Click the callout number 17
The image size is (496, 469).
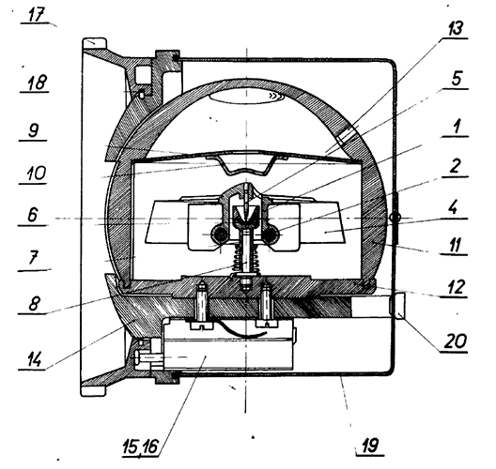click(35, 14)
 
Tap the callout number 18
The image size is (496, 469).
click(37, 83)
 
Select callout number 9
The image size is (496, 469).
click(34, 130)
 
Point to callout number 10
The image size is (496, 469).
click(35, 174)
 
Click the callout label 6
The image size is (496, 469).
click(33, 215)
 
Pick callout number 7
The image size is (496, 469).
click(33, 258)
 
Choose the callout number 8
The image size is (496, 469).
click(34, 304)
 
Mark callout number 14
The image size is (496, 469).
click(34, 358)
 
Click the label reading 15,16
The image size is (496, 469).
click(139, 446)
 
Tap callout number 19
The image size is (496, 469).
click(369, 446)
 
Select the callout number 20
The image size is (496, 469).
click(456, 341)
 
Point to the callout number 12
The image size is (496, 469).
click(457, 287)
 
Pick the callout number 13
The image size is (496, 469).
click(455, 28)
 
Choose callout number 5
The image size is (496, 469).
click(457, 78)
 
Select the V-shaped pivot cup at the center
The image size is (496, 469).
click(245, 215)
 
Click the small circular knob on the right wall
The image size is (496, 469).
click(395, 218)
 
